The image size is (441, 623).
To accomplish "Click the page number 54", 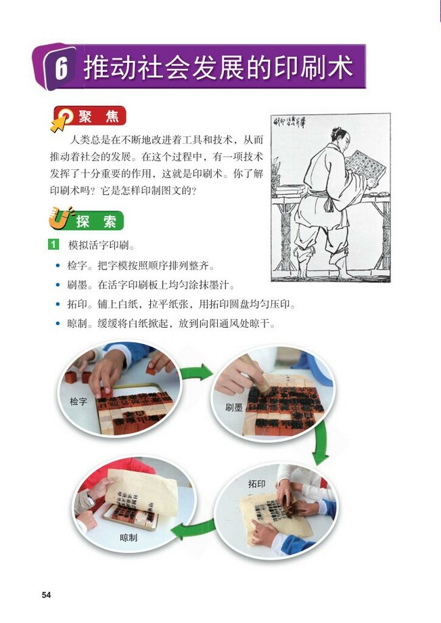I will pyautogui.click(x=47, y=595).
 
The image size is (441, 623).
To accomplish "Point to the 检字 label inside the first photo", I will pyautogui.click(x=78, y=402).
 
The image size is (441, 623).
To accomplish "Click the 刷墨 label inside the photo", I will pyautogui.click(x=234, y=408).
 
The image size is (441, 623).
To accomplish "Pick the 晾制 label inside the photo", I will pyautogui.click(x=129, y=538).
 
